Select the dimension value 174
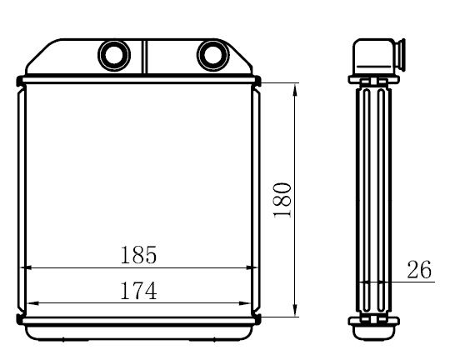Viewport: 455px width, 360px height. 138,291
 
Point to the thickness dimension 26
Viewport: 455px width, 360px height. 419,269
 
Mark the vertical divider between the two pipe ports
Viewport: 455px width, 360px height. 144,57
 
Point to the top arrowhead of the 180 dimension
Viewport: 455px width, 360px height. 296,87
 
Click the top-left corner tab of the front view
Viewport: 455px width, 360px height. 20,81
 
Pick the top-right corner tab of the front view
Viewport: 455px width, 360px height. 258,81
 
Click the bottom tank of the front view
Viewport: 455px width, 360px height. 139,331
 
